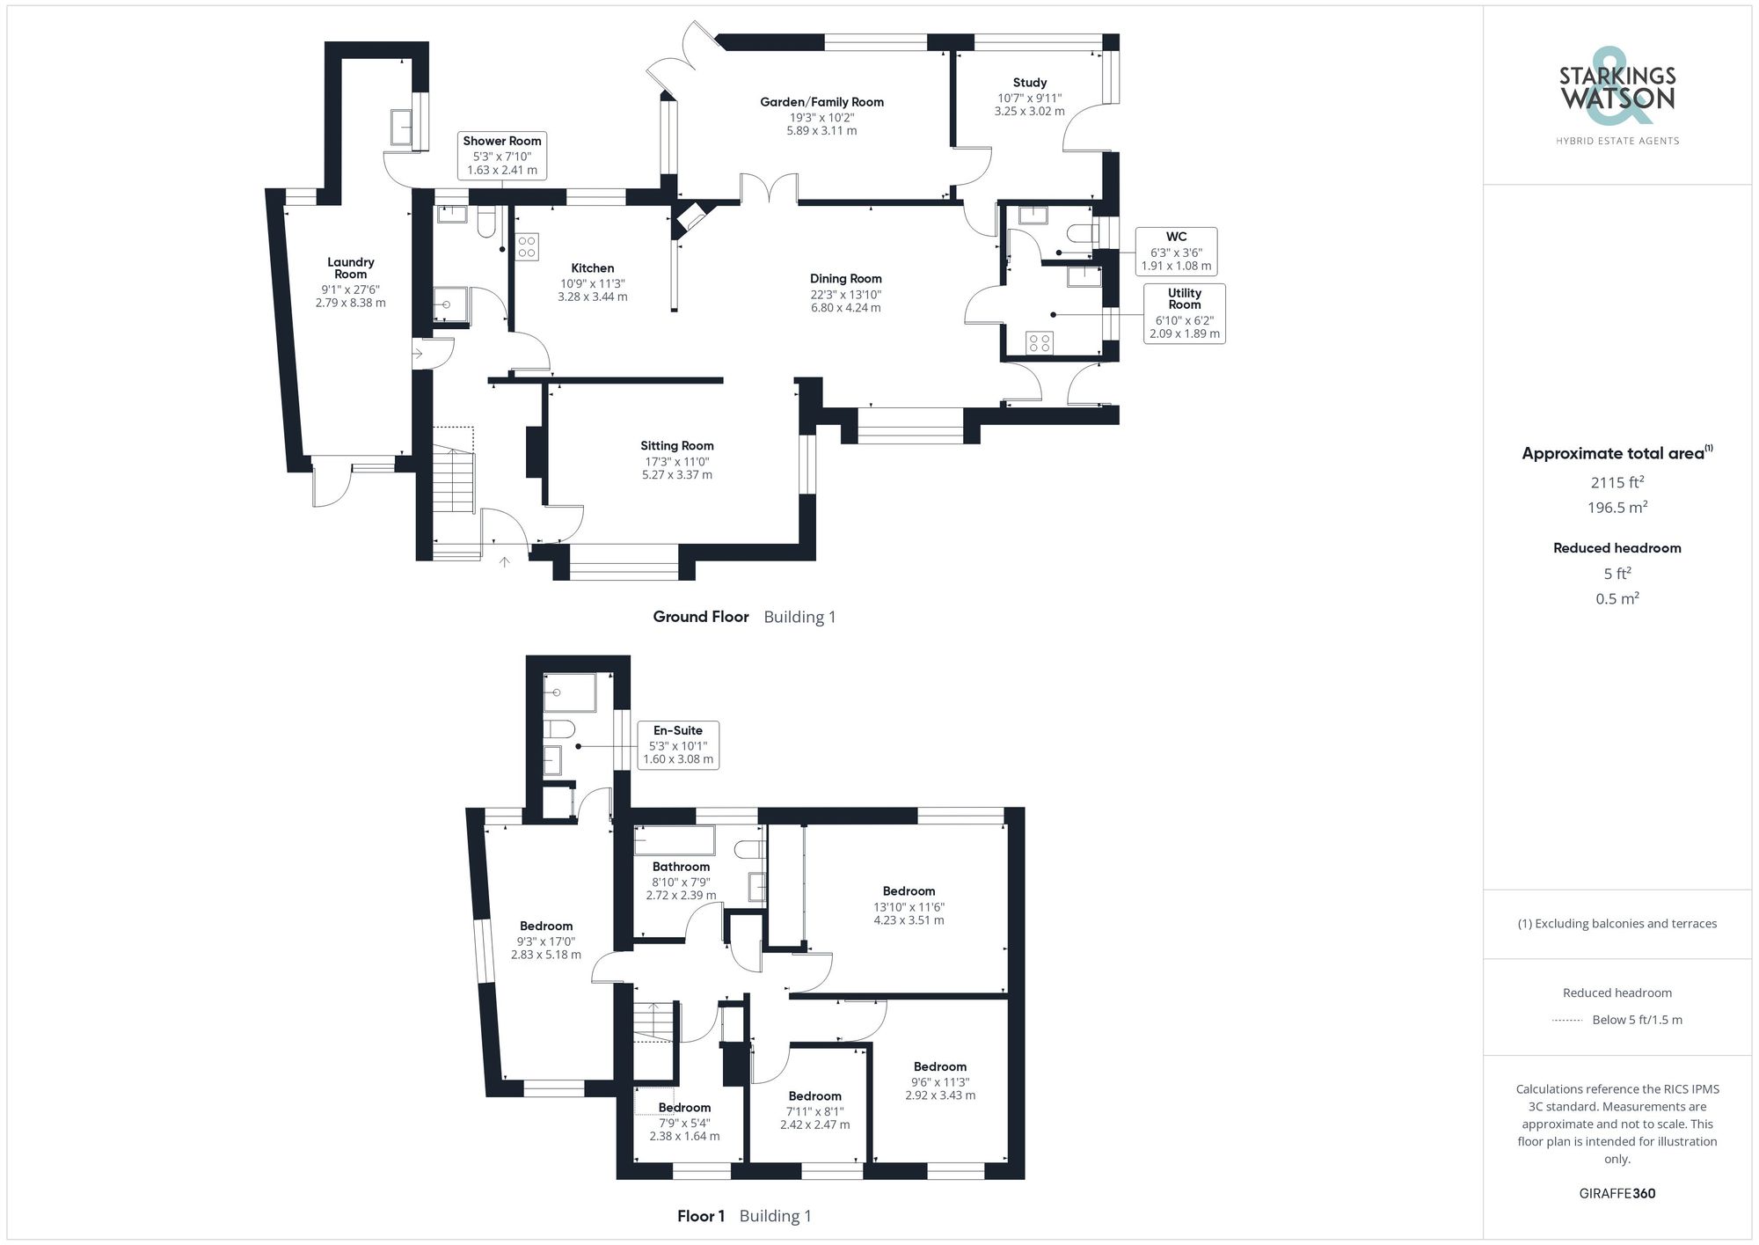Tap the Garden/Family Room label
tap(821, 102)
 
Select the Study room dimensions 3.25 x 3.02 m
tap(1029, 112)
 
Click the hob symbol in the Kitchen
tap(528, 246)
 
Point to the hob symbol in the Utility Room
tap(1040, 342)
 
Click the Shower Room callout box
tap(502, 155)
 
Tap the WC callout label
tap(1176, 237)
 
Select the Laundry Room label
tap(350, 267)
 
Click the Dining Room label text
tap(845, 279)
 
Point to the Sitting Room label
tap(676, 446)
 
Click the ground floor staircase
tap(453, 493)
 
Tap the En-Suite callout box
tap(677, 744)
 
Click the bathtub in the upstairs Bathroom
tap(675, 840)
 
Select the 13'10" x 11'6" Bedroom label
tap(909, 891)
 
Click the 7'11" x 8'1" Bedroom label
tap(814, 1096)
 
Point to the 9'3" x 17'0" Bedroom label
tap(545, 926)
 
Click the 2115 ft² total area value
tap(1617, 482)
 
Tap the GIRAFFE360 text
tap(1617, 1194)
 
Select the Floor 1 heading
tap(701, 1216)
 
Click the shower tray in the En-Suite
tap(569, 692)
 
